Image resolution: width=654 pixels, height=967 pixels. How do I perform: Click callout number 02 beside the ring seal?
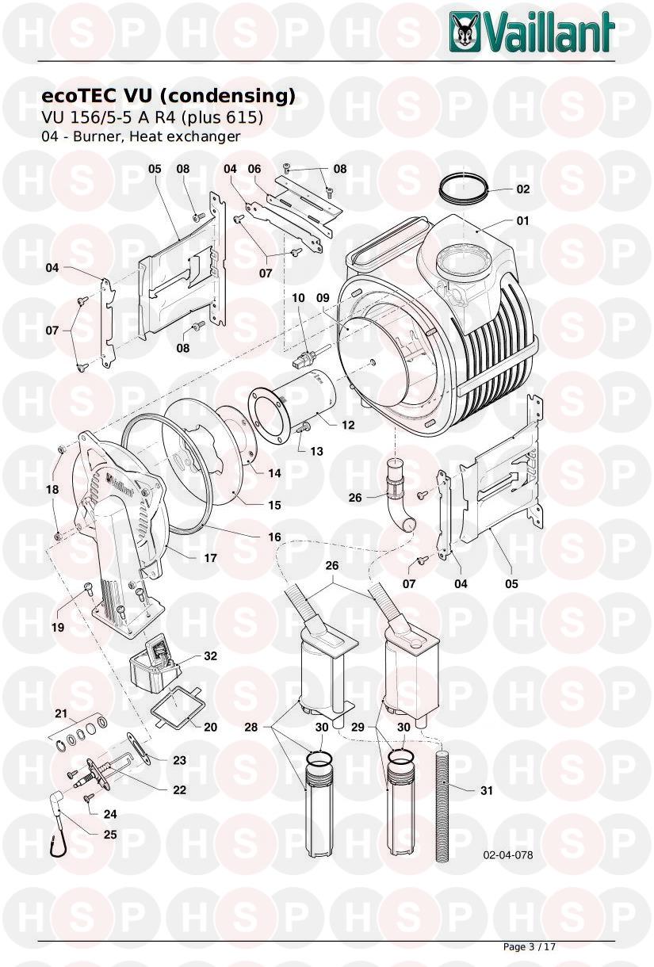[x=523, y=189]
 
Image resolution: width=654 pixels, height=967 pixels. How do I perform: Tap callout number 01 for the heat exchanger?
[x=523, y=220]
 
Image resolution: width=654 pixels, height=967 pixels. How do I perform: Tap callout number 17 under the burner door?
[x=211, y=558]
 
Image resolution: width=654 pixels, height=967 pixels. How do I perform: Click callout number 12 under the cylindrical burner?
[x=348, y=425]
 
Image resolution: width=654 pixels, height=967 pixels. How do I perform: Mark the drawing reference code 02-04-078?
[x=507, y=855]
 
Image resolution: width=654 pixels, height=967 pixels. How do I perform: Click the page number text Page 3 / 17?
[x=530, y=946]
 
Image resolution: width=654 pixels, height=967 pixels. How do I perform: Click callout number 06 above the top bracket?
[x=254, y=169]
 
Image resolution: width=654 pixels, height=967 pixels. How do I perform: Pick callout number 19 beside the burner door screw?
[x=58, y=627]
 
